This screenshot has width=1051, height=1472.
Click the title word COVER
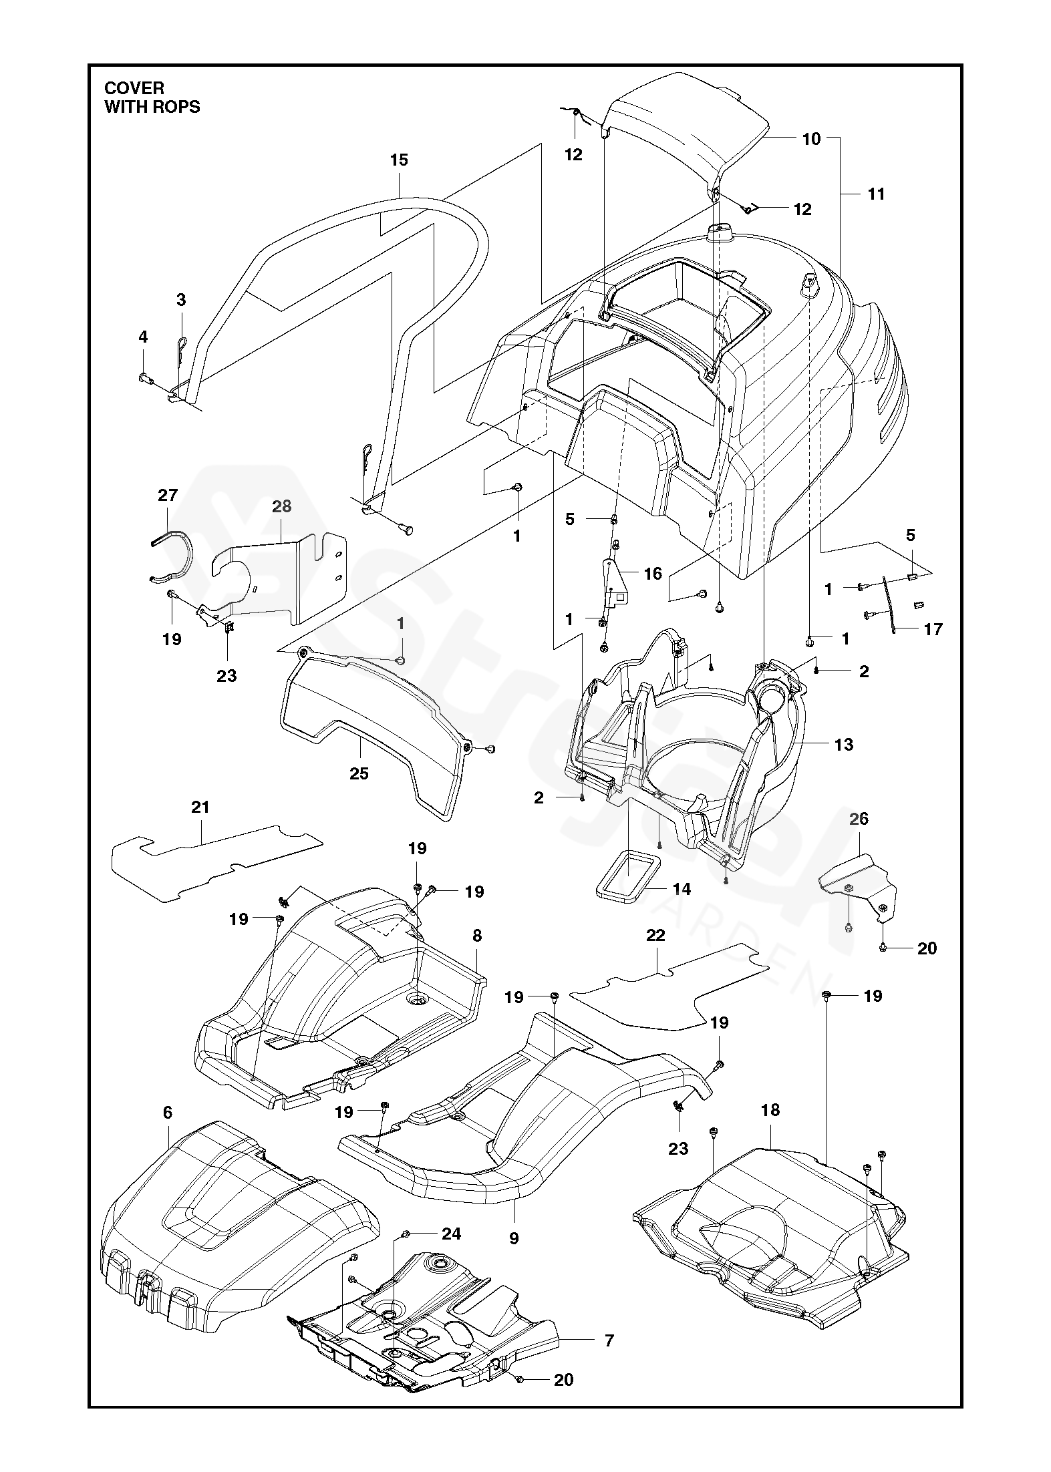134,88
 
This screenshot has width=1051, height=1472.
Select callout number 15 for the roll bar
399,160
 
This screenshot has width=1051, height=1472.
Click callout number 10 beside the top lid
811,140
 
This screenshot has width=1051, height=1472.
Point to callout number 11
875,194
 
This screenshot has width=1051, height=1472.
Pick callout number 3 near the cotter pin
181,300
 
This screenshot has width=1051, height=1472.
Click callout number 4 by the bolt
143,337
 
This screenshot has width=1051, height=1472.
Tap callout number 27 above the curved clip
168,495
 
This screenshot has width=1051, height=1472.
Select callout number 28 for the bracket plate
282,507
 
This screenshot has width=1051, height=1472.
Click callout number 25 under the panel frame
359,773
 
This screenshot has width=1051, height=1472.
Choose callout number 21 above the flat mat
200,807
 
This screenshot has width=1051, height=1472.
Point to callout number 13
844,745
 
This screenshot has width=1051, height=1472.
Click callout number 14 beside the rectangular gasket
682,889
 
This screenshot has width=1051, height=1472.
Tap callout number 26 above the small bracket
859,818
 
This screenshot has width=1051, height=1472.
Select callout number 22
656,936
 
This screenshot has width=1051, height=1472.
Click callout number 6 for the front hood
167,1112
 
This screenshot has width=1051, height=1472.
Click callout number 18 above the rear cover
770,1110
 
